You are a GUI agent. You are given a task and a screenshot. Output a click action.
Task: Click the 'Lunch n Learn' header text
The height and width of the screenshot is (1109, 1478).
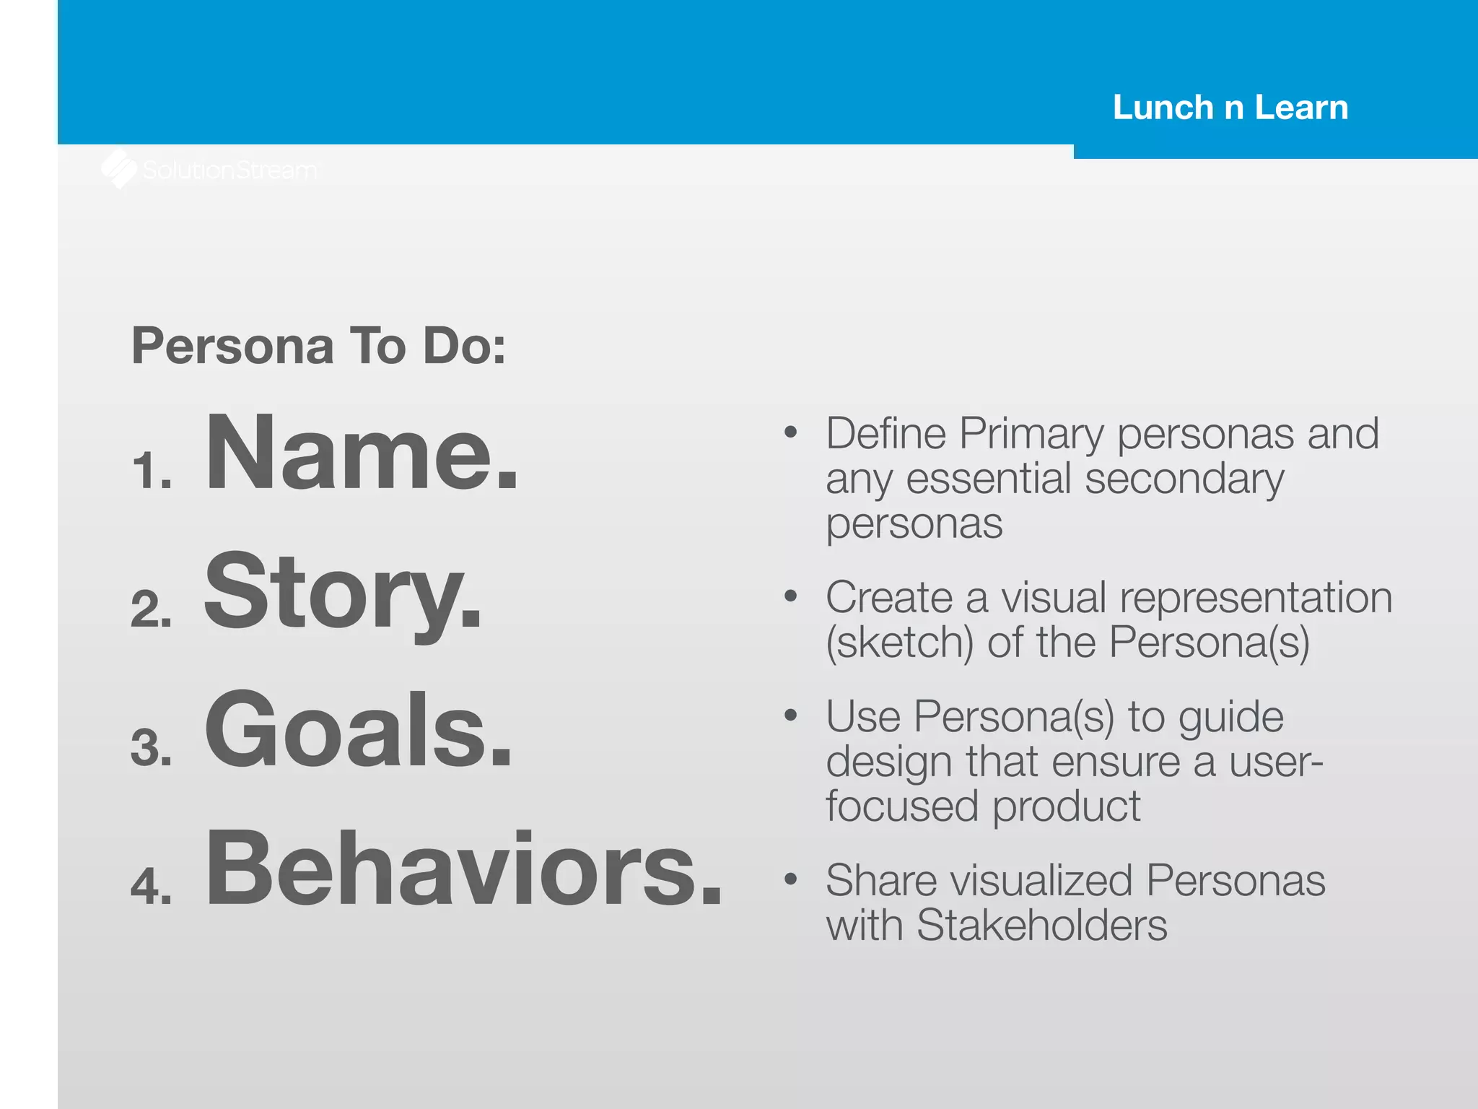1230,108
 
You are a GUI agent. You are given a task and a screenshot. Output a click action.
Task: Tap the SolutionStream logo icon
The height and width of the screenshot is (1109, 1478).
119,169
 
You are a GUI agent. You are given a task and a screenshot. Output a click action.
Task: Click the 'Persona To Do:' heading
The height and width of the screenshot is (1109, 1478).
318,346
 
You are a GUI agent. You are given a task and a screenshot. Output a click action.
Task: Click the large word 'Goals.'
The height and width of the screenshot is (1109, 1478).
358,730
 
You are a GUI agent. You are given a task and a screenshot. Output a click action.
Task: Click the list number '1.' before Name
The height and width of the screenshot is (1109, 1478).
152,471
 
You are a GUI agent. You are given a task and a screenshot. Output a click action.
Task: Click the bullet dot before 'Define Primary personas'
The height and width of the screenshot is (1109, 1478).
791,432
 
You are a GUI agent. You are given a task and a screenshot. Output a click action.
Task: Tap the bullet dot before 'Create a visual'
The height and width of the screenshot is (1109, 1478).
791,596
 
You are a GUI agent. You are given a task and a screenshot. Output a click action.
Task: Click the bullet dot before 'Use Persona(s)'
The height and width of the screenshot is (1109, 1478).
791,716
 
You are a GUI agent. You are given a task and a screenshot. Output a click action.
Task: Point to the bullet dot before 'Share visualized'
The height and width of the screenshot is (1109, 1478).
791,879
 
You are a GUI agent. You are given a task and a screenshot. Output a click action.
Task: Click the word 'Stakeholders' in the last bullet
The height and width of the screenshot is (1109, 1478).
1041,925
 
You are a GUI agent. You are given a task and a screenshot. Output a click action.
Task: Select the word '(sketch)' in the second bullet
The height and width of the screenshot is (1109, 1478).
899,643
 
